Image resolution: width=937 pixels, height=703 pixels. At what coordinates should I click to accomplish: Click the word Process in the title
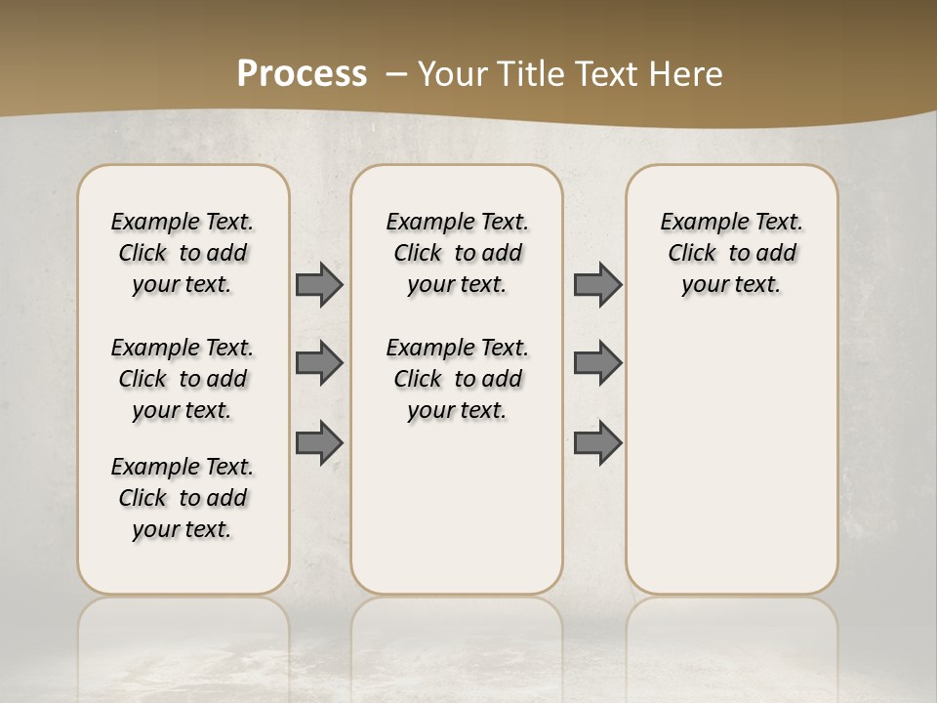click(x=302, y=73)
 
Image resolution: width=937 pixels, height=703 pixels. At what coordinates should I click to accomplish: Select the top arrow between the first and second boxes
click(x=318, y=284)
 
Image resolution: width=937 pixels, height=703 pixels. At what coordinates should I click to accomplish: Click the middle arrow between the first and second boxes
click(x=318, y=363)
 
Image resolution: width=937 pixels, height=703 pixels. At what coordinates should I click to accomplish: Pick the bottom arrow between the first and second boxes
click(x=318, y=442)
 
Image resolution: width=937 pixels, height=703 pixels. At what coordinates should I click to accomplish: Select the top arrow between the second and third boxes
click(x=597, y=284)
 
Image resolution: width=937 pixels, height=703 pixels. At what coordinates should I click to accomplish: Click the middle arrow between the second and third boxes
click(x=597, y=363)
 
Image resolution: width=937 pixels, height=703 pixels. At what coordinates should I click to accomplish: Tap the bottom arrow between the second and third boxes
click(x=597, y=442)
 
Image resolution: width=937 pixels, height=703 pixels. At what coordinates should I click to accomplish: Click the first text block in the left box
click(x=183, y=253)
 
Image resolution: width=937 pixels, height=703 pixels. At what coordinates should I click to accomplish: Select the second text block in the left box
click(x=183, y=379)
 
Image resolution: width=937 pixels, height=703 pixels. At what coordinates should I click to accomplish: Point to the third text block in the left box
click(x=183, y=498)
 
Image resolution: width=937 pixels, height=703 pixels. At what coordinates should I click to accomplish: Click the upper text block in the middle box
click(x=457, y=253)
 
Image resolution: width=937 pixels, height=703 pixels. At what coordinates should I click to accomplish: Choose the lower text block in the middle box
click(x=457, y=379)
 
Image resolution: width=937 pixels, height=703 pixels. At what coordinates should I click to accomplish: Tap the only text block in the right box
click(x=731, y=253)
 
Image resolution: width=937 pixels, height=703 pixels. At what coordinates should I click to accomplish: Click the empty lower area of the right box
click(x=731, y=459)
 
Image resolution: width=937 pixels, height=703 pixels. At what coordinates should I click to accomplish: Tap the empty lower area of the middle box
click(x=457, y=508)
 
